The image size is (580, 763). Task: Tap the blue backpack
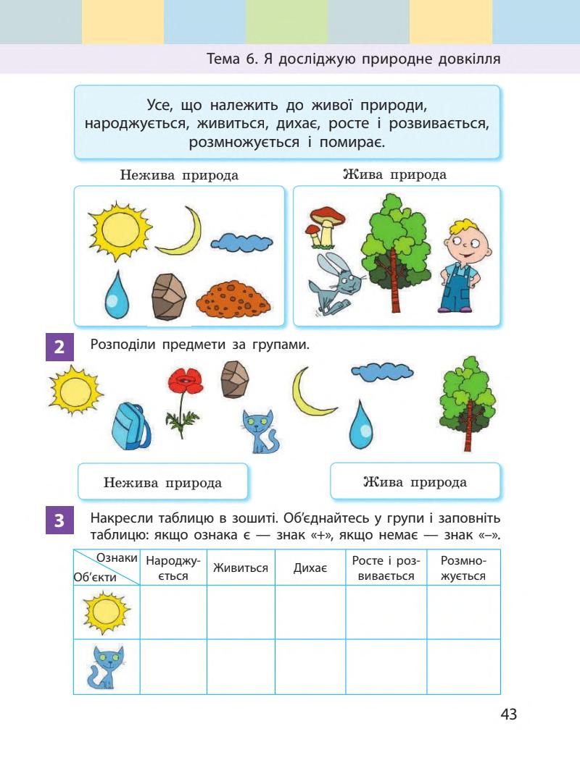(x=132, y=426)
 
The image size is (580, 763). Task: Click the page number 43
(x=508, y=714)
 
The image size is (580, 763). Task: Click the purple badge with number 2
(x=59, y=347)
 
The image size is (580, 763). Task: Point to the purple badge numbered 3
(x=59, y=520)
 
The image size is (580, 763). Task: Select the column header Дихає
(x=310, y=568)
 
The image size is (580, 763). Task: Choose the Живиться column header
(x=241, y=568)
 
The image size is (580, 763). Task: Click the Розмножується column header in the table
(x=463, y=568)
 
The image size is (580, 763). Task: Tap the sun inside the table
(x=106, y=612)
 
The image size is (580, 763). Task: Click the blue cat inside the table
(x=104, y=667)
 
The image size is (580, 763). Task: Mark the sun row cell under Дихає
(x=310, y=612)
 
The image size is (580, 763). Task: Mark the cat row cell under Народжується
(x=173, y=667)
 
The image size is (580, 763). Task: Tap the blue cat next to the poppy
(x=259, y=431)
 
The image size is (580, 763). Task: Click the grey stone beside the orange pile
(x=170, y=295)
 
